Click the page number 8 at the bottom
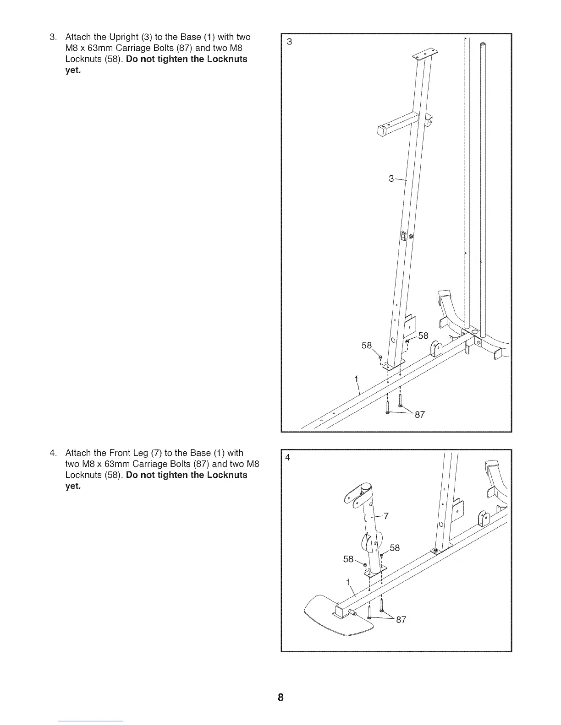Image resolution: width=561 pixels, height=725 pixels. pyautogui.click(x=280, y=698)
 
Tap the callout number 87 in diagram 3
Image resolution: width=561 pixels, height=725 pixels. pyautogui.click(x=419, y=415)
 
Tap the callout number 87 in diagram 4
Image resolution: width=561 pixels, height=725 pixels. pyautogui.click(x=401, y=620)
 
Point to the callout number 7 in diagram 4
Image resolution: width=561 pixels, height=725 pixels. pyautogui.click(x=386, y=516)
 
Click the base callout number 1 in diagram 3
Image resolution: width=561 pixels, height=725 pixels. pyautogui.click(x=356, y=379)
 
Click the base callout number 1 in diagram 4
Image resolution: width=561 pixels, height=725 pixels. pyautogui.click(x=348, y=582)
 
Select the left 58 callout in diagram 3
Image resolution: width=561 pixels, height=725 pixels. pyautogui.click(x=367, y=346)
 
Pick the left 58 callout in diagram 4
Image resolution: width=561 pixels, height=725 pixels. pyautogui.click(x=349, y=559)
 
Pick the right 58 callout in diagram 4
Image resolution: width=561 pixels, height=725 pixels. pyautogui.click(x=394, y=548)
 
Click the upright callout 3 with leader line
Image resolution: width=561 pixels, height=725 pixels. pyautogui.click(x=391, y=179)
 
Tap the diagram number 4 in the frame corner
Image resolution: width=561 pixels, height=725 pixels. pyautogui.click(x=287, y=457)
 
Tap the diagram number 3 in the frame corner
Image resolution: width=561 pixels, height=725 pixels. pyautogui.click(x=289, y=42)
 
